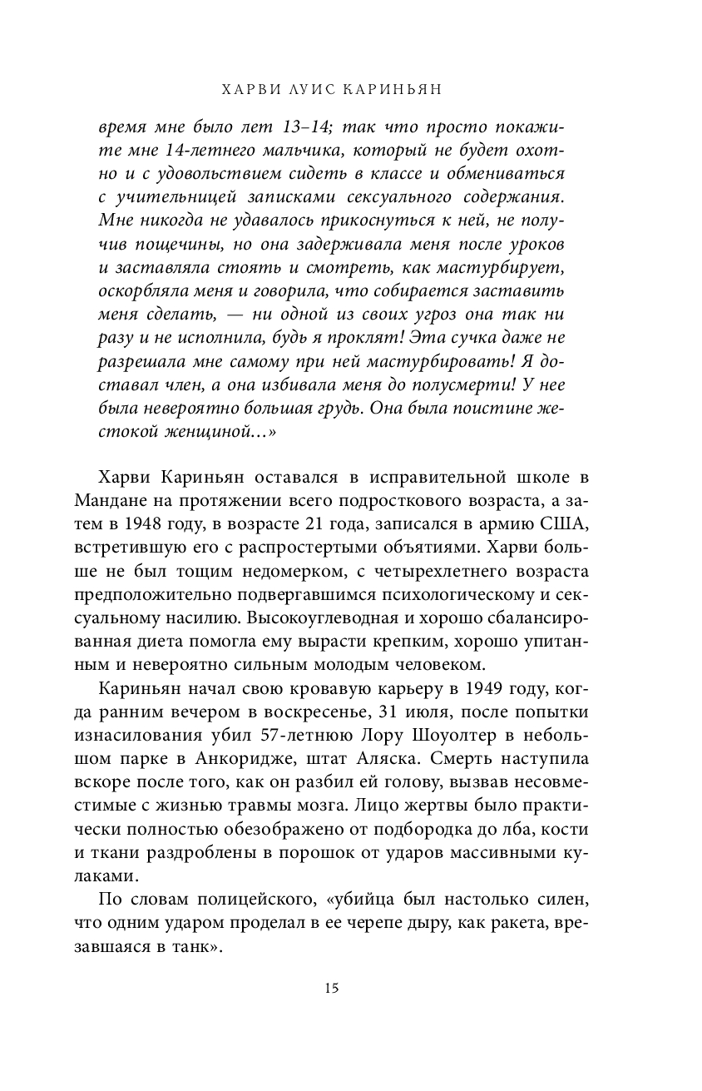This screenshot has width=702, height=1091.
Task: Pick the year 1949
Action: pyautogui.click(x=504, y=690)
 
